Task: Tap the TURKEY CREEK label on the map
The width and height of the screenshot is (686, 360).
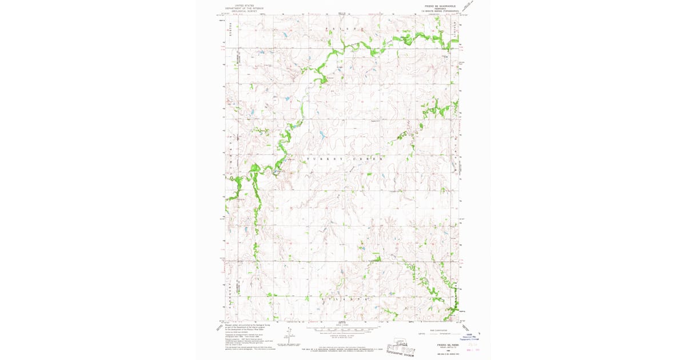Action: pyautogui.click(x=343, y=158)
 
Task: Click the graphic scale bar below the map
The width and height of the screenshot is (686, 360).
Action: pyautogui.click(x=343, y=330)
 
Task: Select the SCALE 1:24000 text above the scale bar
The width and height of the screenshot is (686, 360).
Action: pyautogui.click(x=343, y=326)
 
